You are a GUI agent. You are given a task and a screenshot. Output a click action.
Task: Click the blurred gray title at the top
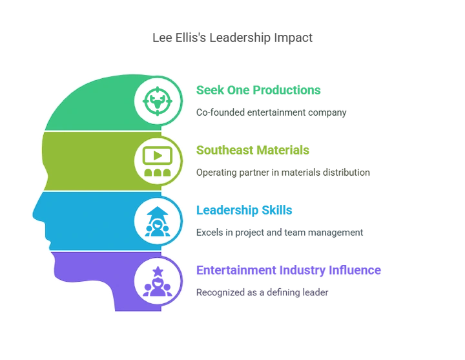click(x=232, y=39)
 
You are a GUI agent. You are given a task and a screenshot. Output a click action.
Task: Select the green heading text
click(x=258, y=90)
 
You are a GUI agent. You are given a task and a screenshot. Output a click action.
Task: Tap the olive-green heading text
click(x=253, y=151)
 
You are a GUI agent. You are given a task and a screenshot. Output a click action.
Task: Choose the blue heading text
click(x=245, y=210)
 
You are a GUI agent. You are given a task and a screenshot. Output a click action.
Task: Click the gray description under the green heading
click(x=273, y=112)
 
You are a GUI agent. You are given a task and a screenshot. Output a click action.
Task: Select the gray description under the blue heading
click(x=280, y=232)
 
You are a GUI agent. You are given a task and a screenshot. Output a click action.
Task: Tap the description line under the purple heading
click(x=263, y=291)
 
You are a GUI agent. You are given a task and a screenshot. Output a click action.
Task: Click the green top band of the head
click(x=90, y=103)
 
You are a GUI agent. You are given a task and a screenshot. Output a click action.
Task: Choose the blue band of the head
click(x=90, y=220)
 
